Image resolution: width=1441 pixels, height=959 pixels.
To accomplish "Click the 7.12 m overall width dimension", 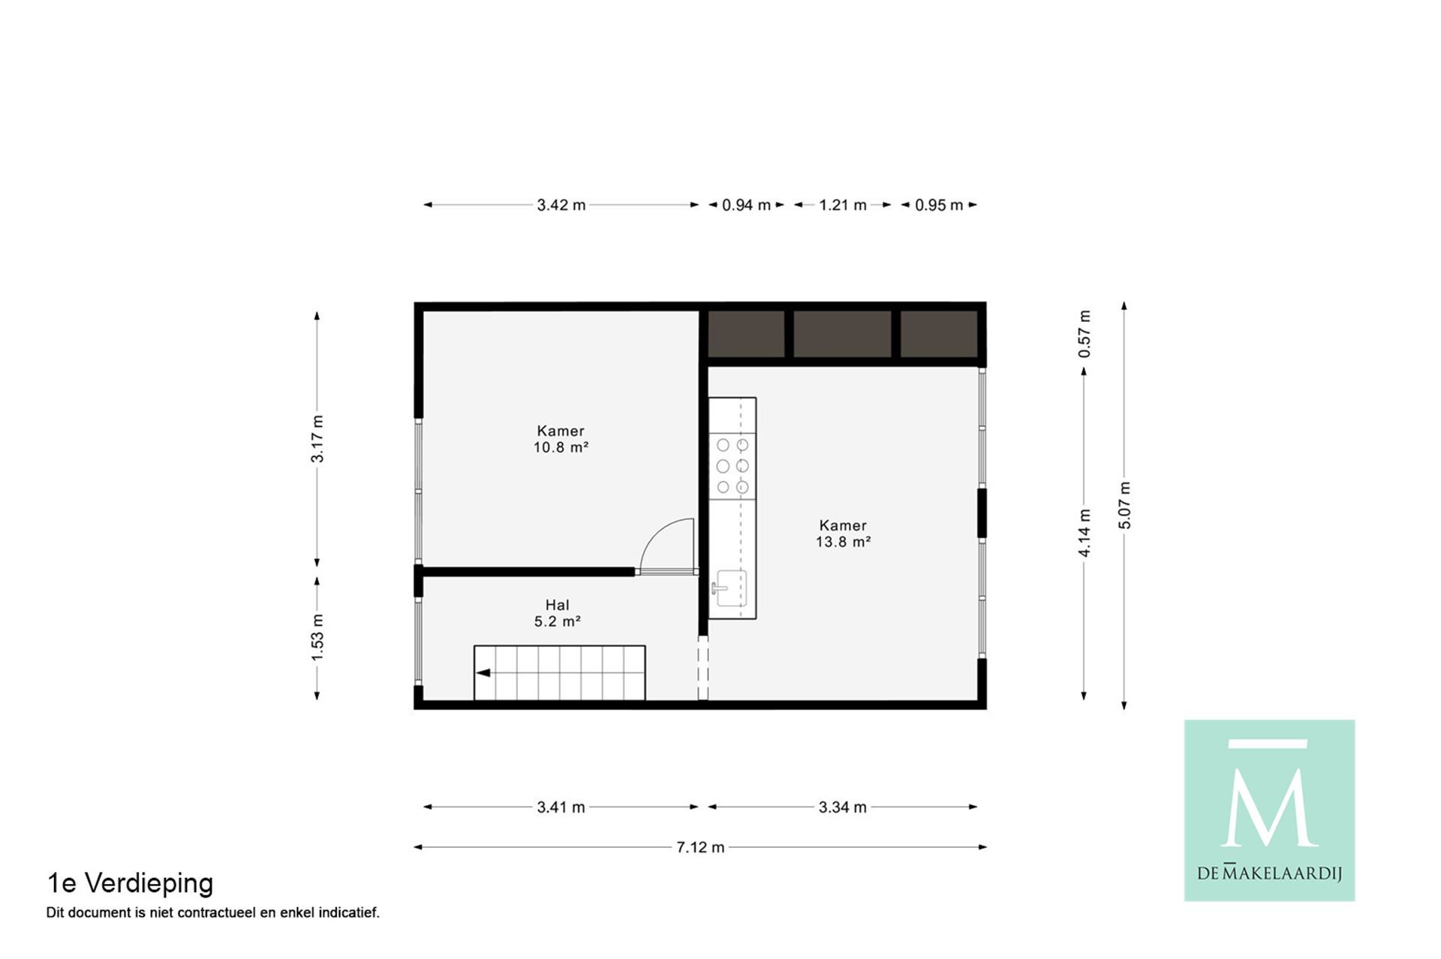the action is [700, 847].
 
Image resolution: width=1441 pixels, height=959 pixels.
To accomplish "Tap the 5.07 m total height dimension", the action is [1124, 506].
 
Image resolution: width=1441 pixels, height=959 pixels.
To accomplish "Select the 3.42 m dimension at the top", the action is [561, 205].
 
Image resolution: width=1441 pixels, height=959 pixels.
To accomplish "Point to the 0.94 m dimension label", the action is [746, 205].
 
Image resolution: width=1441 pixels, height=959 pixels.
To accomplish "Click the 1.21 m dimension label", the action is [843, 205].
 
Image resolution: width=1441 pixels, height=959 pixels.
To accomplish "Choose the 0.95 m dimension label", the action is [939, 205].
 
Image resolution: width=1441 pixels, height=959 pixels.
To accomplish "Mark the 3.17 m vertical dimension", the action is [317, 439].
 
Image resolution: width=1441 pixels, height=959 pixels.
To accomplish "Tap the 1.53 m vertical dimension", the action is [317, 638].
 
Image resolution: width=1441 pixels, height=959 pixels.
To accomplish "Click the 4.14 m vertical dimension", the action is [1085, 534].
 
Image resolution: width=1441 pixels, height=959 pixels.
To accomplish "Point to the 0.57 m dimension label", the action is [1085, 333].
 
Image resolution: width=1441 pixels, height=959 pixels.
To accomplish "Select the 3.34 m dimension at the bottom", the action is [843, 807].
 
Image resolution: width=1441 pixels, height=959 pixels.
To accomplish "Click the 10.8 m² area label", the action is [561, 447].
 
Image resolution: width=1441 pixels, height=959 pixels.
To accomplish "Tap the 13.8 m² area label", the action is [843, 542].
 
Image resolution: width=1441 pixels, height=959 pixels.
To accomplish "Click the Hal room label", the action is [557, 605].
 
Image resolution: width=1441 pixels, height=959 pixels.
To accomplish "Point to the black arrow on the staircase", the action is [483, 673].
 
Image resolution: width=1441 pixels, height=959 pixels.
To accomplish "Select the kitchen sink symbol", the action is [730, 588].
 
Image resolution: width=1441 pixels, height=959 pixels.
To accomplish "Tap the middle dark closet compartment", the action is [842, 334].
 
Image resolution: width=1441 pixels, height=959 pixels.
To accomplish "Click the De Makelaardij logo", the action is [1269, 810].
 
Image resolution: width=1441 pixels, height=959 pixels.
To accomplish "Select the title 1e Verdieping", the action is [130, 883].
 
